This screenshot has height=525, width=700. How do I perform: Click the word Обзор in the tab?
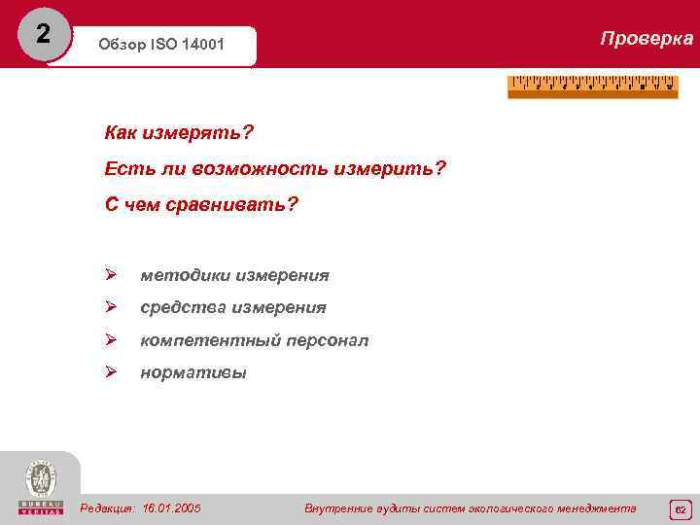tap(121, 47)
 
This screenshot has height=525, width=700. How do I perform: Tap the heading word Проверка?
tap(647, 39)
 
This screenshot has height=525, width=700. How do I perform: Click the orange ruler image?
tap(592, 87)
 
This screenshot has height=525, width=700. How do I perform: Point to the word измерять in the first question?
tap(195, 131)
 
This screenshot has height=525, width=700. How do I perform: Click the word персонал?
tap(327, 340)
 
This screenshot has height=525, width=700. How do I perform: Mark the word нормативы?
tap(192, 372)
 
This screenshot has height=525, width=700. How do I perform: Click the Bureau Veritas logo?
tap(40, 487)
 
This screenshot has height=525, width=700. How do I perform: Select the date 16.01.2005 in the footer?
tap(171, 508)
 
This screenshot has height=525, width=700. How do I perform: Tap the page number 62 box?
tap(681, 508)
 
